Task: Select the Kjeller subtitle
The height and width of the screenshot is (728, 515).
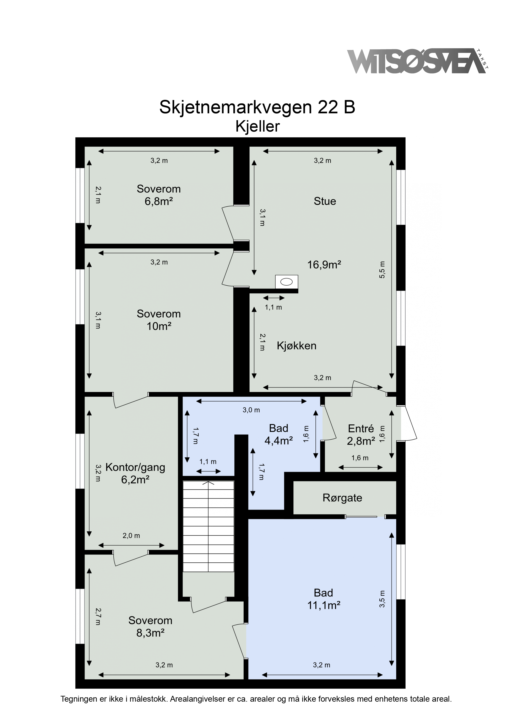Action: point(257,127)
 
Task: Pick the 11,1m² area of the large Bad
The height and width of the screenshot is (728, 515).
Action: point(324,606)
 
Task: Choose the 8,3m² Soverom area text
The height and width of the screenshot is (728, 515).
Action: point(150,633)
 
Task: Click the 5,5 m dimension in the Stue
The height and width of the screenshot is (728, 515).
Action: point(382,270)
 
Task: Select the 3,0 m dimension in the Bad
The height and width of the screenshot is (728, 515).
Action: point(251,410)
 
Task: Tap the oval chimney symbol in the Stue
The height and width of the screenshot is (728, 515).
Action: point(287,282)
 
